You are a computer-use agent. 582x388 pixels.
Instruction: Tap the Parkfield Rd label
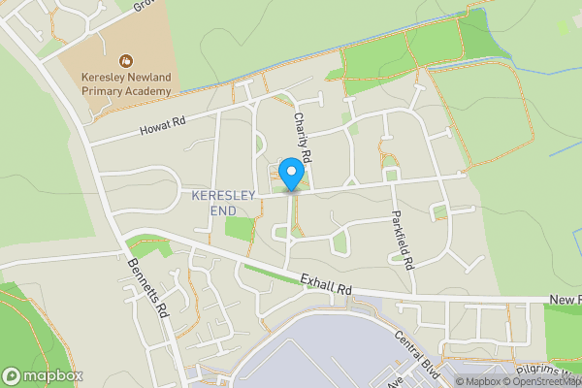(x=403, y=239)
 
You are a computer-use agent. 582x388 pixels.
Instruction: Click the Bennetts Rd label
(x=148, y=286)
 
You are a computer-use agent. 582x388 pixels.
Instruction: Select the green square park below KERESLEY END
(x=239, y=229)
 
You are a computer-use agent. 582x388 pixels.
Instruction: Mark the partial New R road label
(x=564, y=302)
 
